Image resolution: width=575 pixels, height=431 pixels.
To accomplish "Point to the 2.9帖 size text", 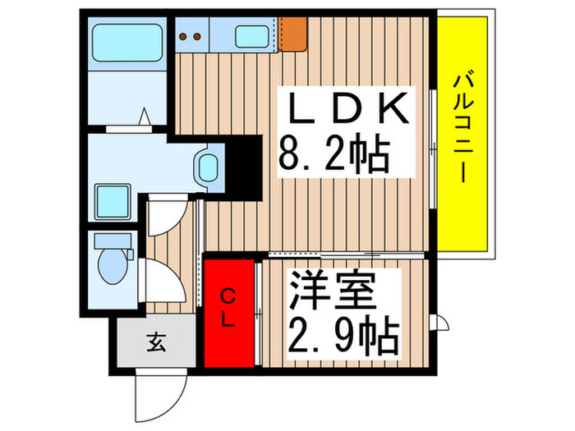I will tap(343, 334).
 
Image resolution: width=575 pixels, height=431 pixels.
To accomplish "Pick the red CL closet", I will tap(230, 311).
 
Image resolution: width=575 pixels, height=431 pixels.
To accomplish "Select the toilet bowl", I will tap(108, 266).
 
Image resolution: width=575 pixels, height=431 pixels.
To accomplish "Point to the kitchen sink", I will tap(253, 36).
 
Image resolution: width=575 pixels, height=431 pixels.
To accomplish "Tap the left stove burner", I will tap(185, 35).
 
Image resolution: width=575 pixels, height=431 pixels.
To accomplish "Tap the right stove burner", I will tap(198, 35).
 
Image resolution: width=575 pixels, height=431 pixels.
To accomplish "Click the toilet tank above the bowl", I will tap(111, 241).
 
